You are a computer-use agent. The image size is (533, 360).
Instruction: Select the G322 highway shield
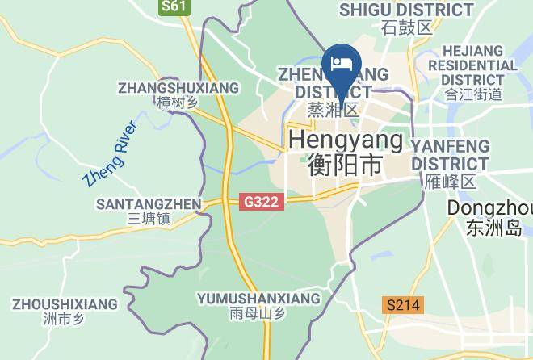pyautogui.click(x=262, y=202)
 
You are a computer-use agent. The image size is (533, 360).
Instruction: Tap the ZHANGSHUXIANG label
pyautogui.click(x=178, y=87)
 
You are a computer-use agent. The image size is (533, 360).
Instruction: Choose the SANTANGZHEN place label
pyautogui.click(x=149, y=203)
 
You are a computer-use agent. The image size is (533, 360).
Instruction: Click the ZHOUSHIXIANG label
pyautogui.click(x=65, y=304)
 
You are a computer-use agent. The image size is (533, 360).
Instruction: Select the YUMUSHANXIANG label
pyautogui.click(x=258, y=299)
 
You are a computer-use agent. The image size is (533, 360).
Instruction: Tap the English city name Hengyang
pyautogui.click(x=346, y=140)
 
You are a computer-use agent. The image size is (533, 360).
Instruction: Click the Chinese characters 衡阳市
pyautogui.click(x=346, y=165)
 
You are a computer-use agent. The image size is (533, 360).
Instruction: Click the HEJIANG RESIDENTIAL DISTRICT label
pyautogui.click(x=472, y=65)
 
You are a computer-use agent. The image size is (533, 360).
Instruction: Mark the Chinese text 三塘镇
pyautogui.click(x=149, y=219)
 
